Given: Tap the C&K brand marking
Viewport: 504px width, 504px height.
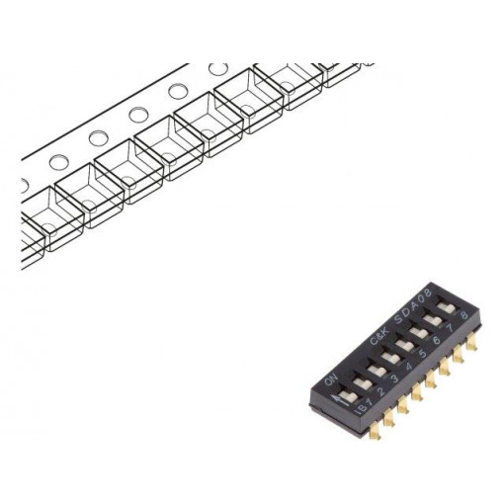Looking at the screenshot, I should pyautogui.click(x=380, y=337).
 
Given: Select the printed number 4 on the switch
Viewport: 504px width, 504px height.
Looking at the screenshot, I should pyautogui.click(x=407, y=365).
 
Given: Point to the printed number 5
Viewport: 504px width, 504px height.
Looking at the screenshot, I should pyautogui.click(x=421, y=353).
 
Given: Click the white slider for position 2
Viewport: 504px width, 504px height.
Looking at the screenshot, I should pyautogui.click(x=362, y=379).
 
